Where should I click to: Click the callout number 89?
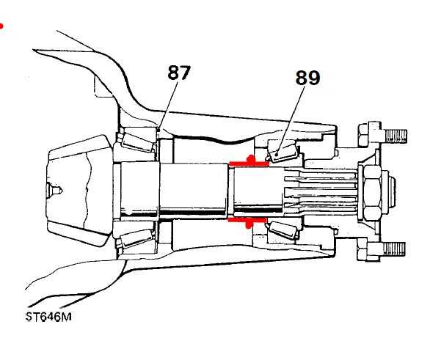pos(308,78)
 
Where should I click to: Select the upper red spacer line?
pos(249,162)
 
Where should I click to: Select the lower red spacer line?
pos(249,219)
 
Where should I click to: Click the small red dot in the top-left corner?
pos(1,26)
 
